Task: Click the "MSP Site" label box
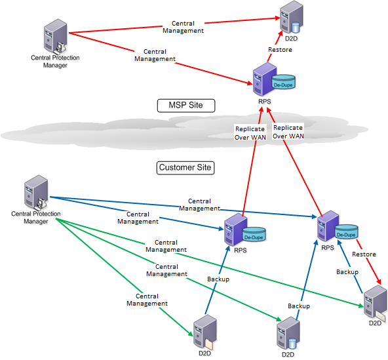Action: (187, 105)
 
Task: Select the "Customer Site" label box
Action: (186, 168)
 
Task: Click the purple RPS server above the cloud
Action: (263, 81)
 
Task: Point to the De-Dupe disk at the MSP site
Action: (284, 82)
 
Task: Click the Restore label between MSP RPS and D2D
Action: (280, 50)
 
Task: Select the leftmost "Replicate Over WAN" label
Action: (250, 132)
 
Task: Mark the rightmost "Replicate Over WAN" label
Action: (288, 132)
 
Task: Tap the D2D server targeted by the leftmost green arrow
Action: (204, 332)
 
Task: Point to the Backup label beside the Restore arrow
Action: (347, 271)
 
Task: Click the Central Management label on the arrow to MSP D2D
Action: (183, 27)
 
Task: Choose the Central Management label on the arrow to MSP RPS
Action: (155, 55)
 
